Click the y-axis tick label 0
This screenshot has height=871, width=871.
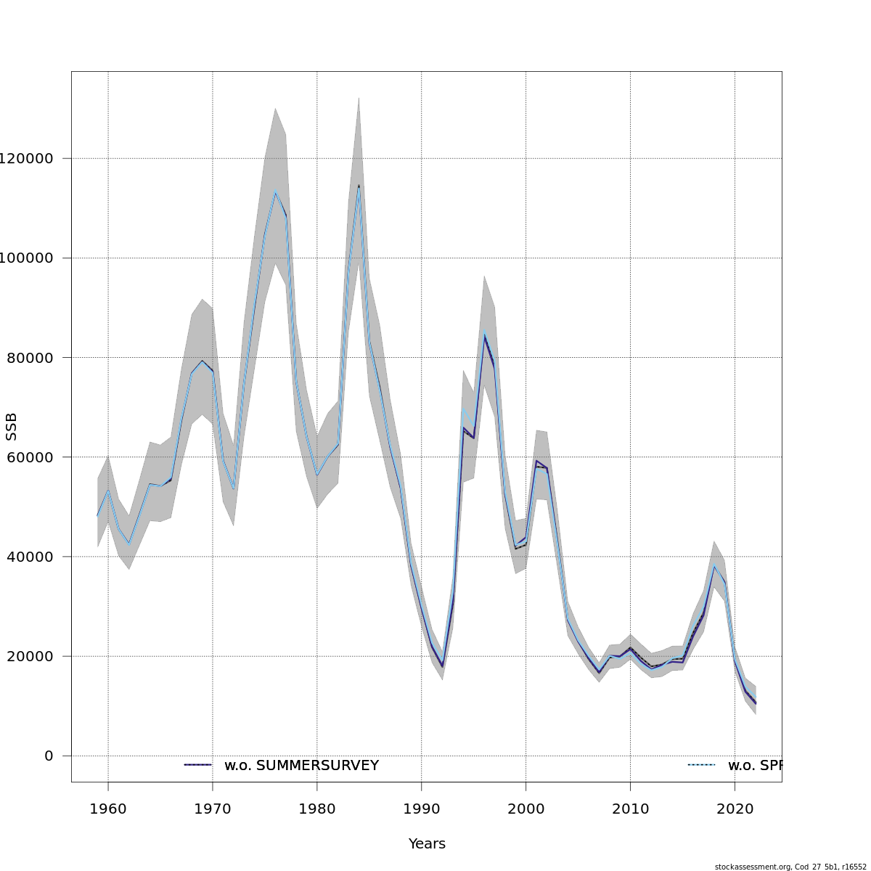point(49,756)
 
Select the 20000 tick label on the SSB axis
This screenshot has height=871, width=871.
point(29,656)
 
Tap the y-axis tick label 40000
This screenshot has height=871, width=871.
point(29,557)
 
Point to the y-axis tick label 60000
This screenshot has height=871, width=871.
point(29,457)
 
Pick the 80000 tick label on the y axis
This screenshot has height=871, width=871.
point(29,358)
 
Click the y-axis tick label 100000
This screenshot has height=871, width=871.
point(27,258)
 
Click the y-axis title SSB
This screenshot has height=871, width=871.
point(11,427)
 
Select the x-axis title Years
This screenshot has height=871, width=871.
point(427,844)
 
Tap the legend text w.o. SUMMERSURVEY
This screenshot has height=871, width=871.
point(301,766)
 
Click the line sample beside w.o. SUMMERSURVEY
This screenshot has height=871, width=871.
point(197,765)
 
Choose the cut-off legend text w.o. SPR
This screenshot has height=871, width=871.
point(754,766)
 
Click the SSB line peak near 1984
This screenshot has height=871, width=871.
point(359,186)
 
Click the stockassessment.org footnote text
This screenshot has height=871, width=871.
point(790,867)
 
